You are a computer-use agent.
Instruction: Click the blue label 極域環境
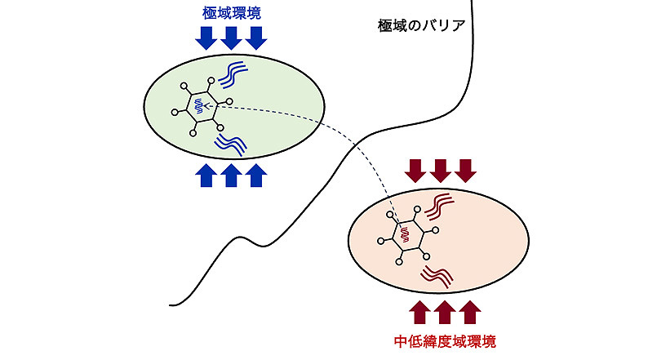click(x=233, y=13)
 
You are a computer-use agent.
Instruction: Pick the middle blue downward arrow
click(x=232, y=38)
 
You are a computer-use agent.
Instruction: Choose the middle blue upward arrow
click(x=231, y=175)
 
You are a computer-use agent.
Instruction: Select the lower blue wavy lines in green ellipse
click(x=231, y=144)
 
